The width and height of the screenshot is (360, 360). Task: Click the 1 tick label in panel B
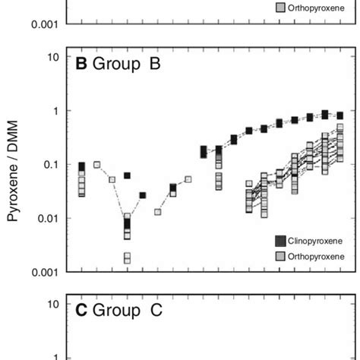tap(55, 111)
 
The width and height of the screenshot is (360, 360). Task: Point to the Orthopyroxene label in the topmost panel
tap(316, 8)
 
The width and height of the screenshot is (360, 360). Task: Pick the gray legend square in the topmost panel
tap(280, 8)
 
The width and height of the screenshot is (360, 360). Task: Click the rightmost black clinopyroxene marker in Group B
tap(340, 115)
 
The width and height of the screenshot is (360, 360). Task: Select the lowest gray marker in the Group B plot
tap(127, 260)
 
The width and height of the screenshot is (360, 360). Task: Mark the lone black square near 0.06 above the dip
tap(127, 175)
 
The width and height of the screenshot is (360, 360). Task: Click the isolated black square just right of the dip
tap(143, 195)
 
